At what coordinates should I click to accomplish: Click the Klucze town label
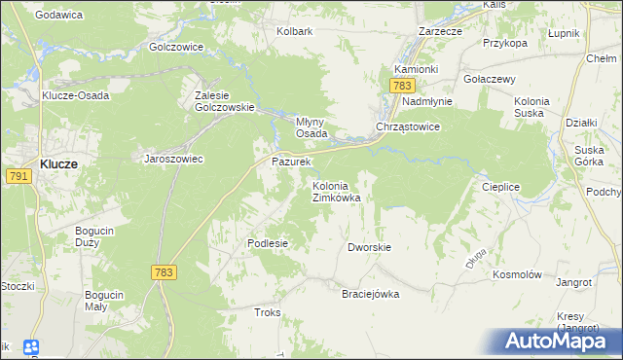59,164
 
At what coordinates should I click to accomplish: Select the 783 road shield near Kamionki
404,87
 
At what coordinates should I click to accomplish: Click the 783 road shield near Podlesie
164,273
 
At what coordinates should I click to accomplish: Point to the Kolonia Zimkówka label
336,191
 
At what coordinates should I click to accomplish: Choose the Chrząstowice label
409,127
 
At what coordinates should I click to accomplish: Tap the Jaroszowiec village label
173,159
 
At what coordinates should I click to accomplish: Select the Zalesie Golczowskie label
225,101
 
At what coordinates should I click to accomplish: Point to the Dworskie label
369,247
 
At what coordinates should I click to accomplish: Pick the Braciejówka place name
370,294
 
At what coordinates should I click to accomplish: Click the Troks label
267,312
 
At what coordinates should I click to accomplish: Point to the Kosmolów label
516,275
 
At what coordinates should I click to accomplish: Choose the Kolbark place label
294,31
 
